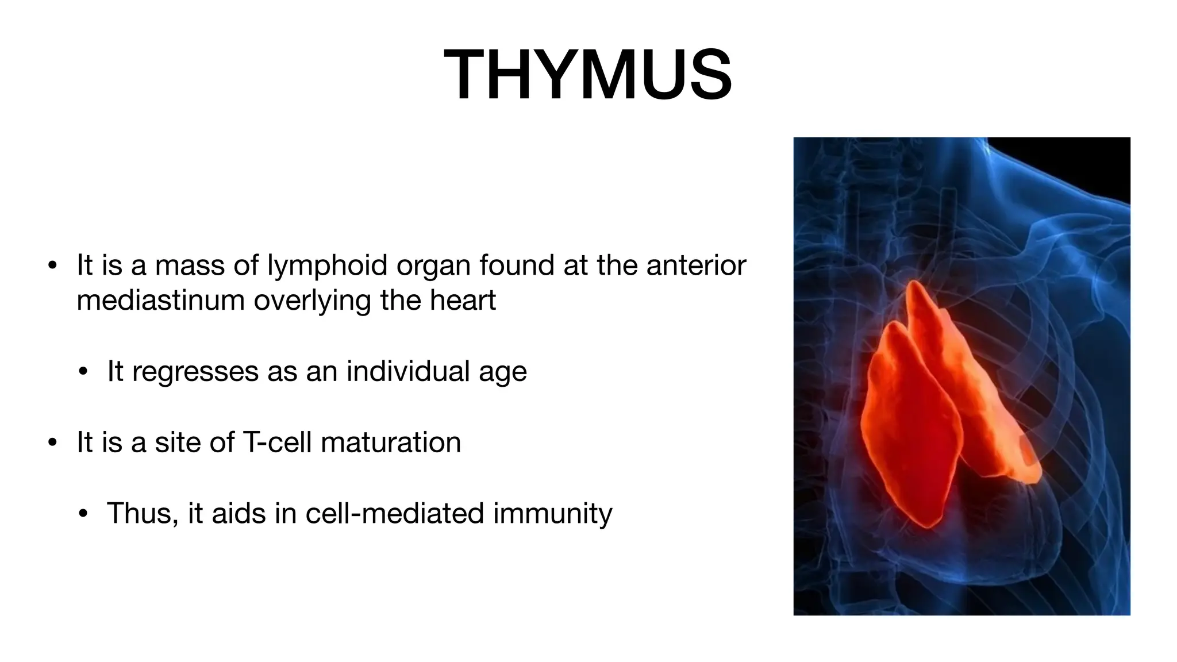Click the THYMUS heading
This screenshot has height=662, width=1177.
588,75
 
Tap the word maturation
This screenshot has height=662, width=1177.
391,442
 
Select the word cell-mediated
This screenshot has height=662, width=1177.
395,513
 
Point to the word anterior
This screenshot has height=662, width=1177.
696,265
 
